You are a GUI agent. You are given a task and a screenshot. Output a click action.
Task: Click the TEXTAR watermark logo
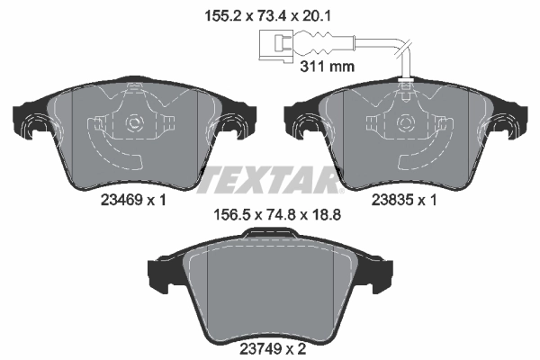tap(270, 181)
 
